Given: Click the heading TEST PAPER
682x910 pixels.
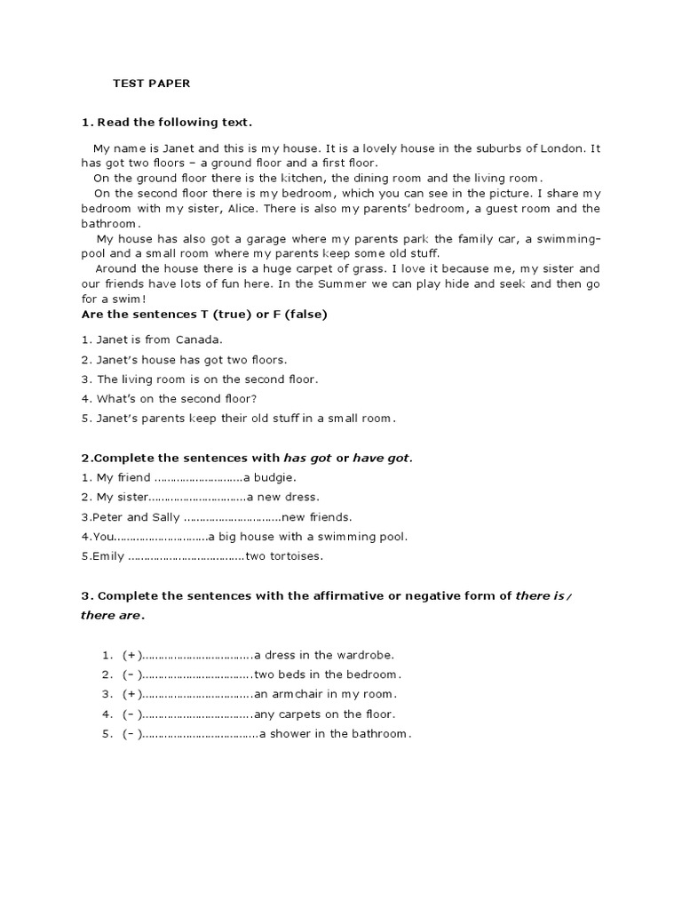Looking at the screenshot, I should coord(151,84).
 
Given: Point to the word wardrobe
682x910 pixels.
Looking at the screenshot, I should coord(366,654).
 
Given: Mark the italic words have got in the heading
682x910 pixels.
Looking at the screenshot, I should coord(383,458).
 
